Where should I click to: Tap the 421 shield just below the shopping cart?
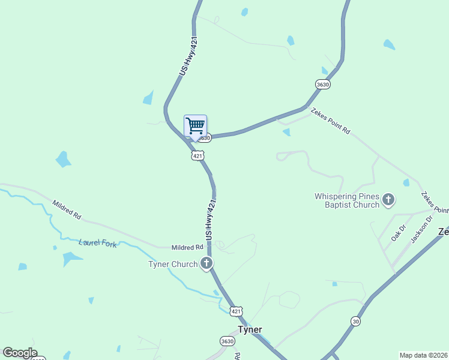click(x=197, y=155)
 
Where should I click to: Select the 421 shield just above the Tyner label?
click(x=236, y=311)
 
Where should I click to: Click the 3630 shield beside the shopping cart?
click(x=205, y=138)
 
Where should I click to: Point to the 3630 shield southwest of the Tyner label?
click(x=227, y=341)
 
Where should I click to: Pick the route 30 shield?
click(x=356, y=322)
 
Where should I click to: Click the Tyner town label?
click(x=250, y=330)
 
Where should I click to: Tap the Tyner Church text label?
click(x=173, y=264)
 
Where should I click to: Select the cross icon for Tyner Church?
click(x=206, y=263)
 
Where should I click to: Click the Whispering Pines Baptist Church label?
click(x=347, y=200)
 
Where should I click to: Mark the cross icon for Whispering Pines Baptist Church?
click(x=388, y=199)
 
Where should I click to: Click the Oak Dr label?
click(x=399, y=233)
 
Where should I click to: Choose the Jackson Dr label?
click(x=421, y=229)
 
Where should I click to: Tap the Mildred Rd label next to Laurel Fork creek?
click(x=187, y=247)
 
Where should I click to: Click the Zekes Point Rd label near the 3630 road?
click(x=330, y=121)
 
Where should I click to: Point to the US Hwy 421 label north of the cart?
click(x=188, y=56)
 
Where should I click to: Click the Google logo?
click(x=20, y=353)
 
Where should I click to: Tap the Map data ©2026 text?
click(x=424, y=355)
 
